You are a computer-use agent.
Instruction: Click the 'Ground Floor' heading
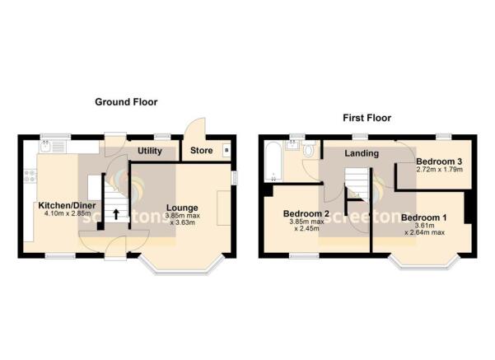click(125, 102)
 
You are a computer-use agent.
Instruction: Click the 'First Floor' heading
click(367, 118)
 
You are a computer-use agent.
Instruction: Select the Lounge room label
click(181, 207)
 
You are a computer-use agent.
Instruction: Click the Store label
click(201, 152)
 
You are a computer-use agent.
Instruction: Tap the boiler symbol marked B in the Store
click(226, 151)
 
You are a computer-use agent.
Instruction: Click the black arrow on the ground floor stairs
click(116, 214)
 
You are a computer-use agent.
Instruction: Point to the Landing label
click(361, 153)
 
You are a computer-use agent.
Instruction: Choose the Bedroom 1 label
click(424, 217)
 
